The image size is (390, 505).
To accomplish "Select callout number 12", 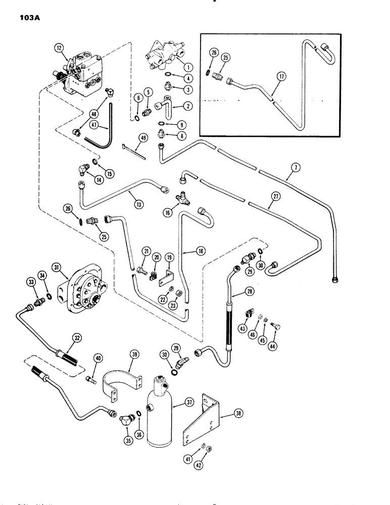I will [x=60, y=49].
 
